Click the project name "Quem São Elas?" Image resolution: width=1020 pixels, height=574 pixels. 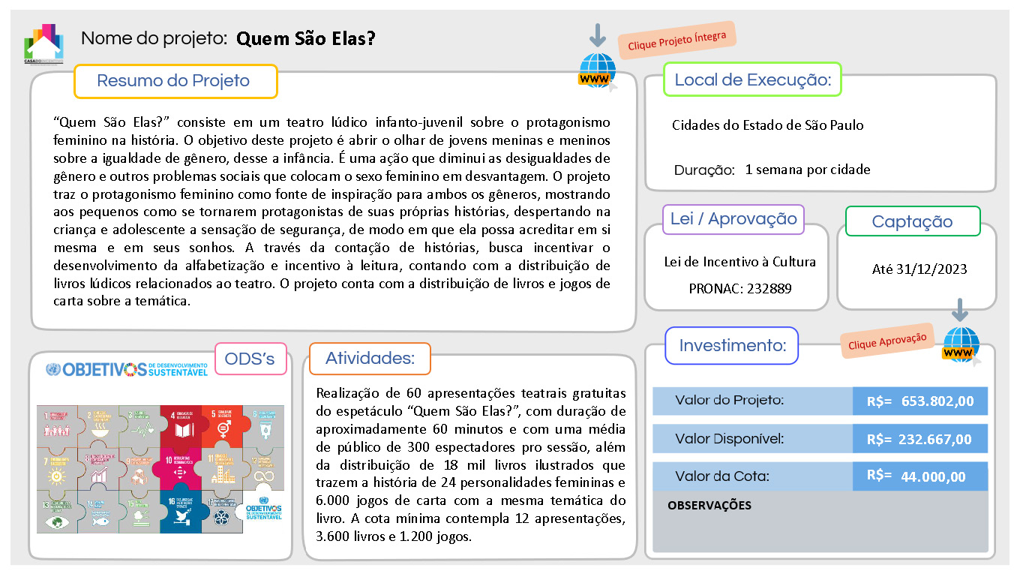pos(305,38)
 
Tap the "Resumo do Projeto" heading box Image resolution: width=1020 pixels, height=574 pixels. pos(175,81)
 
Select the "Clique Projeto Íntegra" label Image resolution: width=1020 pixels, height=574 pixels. pos(677,40)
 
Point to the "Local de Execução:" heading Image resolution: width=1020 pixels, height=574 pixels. pos(752,80)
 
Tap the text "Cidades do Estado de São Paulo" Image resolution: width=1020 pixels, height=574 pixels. pos(767,125)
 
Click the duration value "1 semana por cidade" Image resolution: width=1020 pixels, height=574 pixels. pos(808,170)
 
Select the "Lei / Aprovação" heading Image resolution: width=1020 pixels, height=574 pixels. pos(733,219)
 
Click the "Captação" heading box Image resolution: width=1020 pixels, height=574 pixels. pos(912,221)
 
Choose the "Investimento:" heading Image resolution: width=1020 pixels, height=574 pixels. pos(732,346)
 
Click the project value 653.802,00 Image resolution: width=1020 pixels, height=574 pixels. pos(937,401)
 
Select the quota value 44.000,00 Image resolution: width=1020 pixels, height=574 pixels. pos(934,477)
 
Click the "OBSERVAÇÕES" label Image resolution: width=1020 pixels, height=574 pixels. pos(709,506)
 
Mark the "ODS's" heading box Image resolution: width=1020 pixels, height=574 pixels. pos(250,359)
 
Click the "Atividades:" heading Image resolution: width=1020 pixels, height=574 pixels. pos(369,359)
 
